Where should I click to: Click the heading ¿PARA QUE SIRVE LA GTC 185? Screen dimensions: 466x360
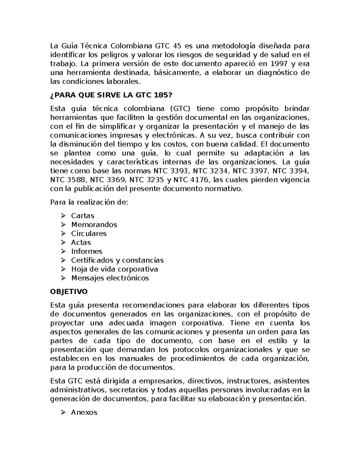point(112,95)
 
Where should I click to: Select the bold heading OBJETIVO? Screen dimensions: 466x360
point(69,292)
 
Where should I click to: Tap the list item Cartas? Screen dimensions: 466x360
point(82,216)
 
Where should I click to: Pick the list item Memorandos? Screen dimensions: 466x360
point(94,224)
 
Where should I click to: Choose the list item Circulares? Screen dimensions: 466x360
point(88,233)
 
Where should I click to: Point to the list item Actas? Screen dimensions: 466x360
point(81,242)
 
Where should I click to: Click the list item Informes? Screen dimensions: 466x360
point(86,251)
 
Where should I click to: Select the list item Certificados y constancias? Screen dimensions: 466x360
point(117,260)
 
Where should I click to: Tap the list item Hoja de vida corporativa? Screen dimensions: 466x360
point(114,269)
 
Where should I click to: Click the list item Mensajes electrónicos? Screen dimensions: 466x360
point(110,278)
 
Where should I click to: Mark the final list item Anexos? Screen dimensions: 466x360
point(84,412)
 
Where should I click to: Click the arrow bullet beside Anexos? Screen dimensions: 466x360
point(63,412)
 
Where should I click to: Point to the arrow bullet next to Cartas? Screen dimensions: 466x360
point(63,216)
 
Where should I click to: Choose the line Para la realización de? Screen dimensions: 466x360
point(89,202)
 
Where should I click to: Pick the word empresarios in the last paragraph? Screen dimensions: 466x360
point(161,381)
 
